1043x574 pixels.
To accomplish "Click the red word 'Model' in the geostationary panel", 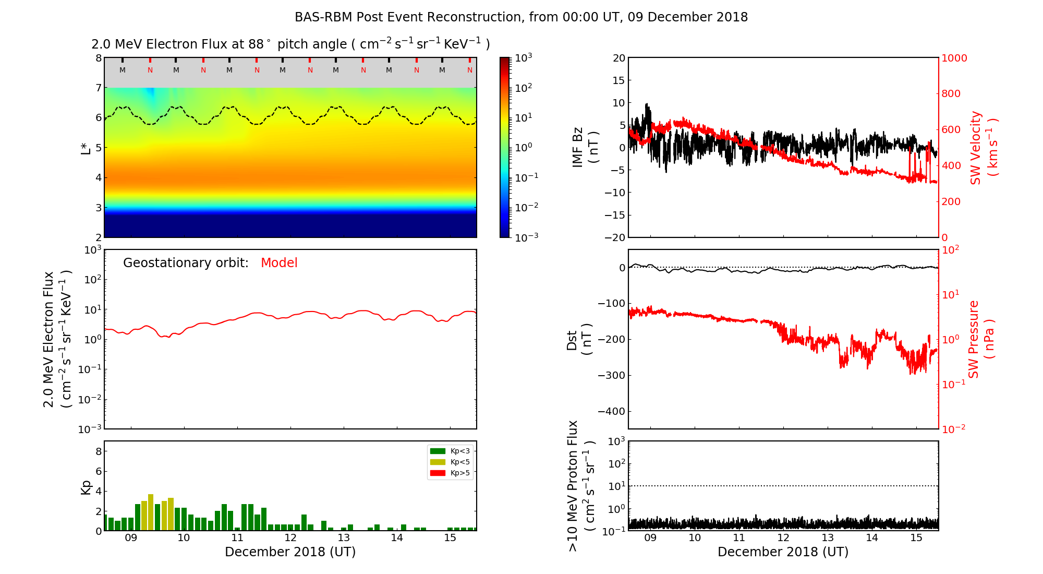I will click(x=279, y=263).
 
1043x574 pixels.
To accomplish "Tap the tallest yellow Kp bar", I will click(x=151, y=512).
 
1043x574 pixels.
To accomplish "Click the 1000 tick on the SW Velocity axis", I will click(x=954, y=58).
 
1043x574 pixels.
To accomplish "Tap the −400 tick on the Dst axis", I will click(x=611, y=411).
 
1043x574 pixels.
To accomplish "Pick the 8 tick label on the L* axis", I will click(x=99, y=58).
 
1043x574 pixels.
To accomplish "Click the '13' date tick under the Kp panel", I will click(x=343, y=538).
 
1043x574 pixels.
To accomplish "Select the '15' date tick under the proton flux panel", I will click(x=916, y=538).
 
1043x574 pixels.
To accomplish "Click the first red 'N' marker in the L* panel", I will click(x=150, y=70).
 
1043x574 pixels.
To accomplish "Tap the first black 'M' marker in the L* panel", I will click(x=123, y=70).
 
